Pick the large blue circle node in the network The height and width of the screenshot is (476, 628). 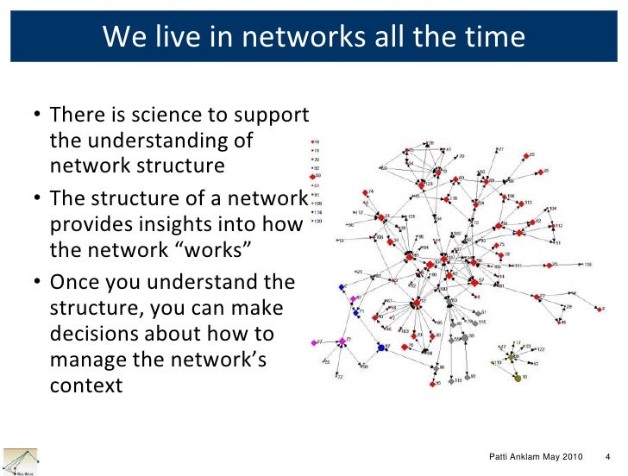point(380,347)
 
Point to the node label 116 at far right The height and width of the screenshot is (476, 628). point(588,264)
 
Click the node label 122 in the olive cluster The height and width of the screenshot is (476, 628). point(541,349)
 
